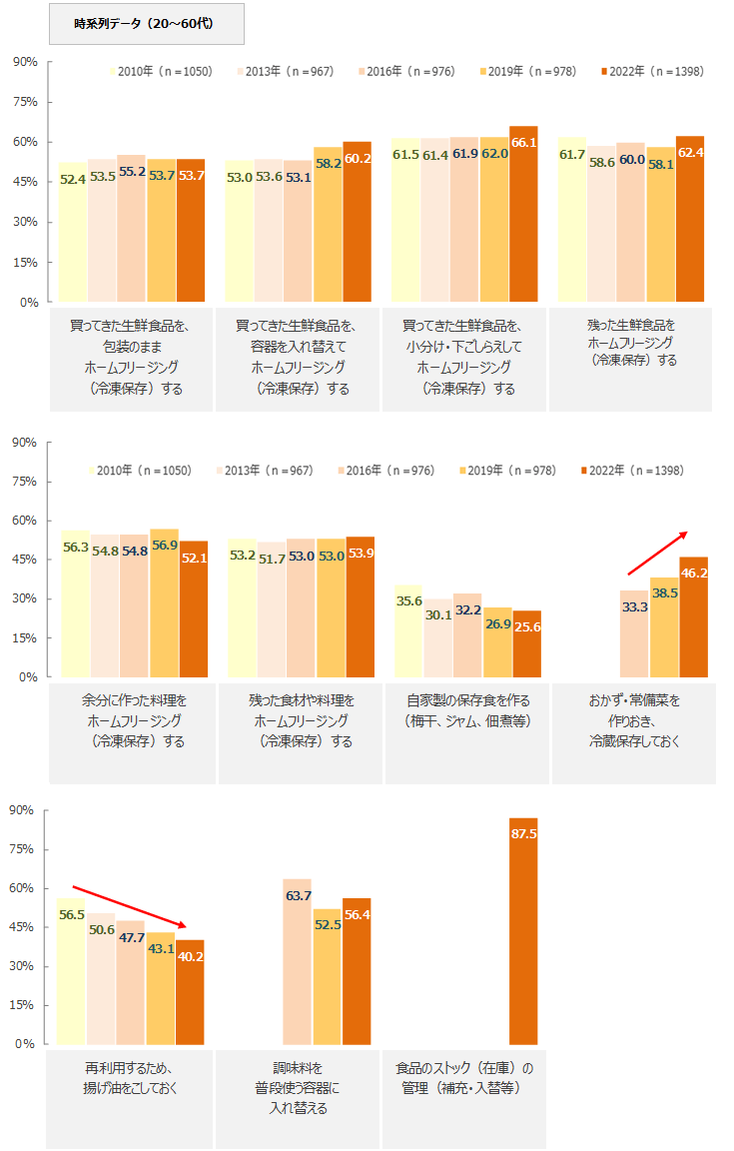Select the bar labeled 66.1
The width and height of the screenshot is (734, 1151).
[x=523, y=214]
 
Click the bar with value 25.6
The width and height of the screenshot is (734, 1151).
[x=527, y=643]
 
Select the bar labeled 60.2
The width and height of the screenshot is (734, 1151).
[x=357, y=221]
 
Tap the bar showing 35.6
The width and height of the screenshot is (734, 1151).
[x=408, y=630]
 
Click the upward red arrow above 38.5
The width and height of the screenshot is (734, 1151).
[x=657, y=553]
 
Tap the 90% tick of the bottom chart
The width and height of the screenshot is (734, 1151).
[x=22, y=810]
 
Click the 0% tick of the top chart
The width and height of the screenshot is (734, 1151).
[x=28, y=302]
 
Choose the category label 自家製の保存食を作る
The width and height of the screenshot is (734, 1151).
[x=467, y=710]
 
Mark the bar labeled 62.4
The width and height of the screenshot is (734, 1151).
[x=689, y=219]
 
